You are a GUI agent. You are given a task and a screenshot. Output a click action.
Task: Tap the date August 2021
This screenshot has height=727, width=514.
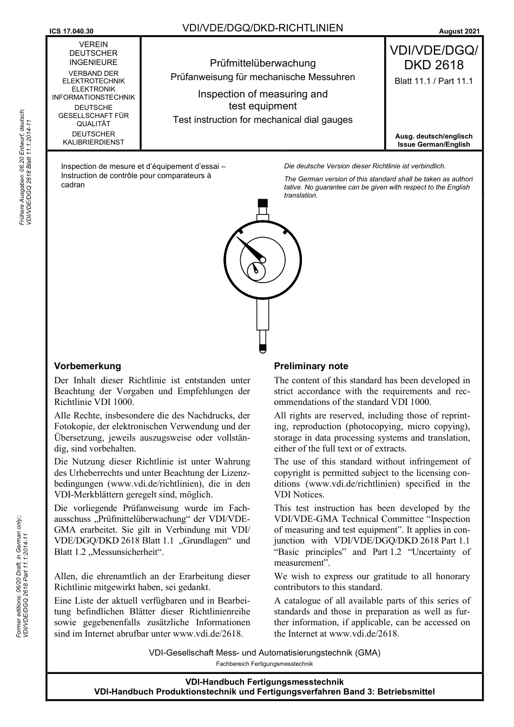click(459, 31)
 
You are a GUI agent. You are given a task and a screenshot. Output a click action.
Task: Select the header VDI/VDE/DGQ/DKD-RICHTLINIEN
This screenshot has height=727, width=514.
click(262, 28)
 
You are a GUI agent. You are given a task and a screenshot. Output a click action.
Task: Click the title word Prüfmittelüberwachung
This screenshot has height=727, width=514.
click(262, 63)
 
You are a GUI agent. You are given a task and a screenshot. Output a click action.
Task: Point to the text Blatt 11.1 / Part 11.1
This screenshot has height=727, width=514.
click(433, 81)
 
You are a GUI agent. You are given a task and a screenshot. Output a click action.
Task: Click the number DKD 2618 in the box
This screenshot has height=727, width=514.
click(433, 66)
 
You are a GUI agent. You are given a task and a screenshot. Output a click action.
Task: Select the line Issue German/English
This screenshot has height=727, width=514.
click(433, 145)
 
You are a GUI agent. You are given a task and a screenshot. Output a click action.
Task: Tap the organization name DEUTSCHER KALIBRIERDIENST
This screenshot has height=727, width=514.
click(94, 138)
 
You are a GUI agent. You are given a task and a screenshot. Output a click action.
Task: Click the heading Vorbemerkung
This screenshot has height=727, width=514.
click(88, 366)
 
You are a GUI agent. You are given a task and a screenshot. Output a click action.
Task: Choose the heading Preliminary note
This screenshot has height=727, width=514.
click(311, 366)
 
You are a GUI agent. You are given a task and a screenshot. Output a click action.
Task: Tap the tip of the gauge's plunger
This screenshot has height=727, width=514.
click(262, 348)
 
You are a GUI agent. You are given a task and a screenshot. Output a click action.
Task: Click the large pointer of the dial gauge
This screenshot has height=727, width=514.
click(250, 250)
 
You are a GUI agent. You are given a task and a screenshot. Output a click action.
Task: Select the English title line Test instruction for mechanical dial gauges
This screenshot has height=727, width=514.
click(262, 120)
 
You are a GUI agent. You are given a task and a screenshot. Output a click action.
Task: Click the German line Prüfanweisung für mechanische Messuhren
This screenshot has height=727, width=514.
click(262, 77)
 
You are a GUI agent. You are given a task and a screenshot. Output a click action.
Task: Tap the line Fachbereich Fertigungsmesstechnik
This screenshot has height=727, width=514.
click(264, 664)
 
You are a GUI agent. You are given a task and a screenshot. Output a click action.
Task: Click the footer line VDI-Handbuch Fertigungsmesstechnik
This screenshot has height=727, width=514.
click(264, 682)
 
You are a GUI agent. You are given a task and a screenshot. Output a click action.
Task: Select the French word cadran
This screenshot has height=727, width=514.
click(73, 185)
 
